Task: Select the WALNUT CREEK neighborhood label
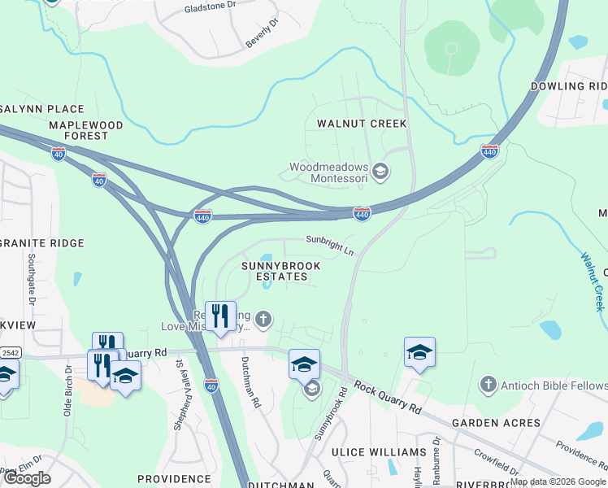[x=361, y=124]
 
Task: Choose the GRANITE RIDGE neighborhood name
[x=42, y=243]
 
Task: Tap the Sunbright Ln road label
[x=330, y=245]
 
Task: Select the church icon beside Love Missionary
[x=263, y=320]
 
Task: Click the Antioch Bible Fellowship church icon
[x=488, y=382]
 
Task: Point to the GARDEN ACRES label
[x=496, y=423]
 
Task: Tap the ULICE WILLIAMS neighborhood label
[x=379, y=451]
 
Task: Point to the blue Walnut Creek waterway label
[x=593, y=281]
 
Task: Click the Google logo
[x=27, y=478]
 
